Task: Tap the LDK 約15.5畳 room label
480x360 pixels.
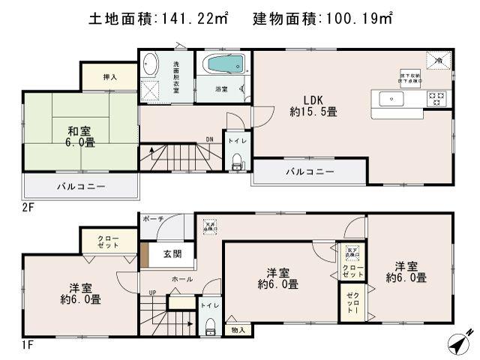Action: (x=313, y=106)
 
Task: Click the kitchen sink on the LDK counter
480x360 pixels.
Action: (x=391, y=99)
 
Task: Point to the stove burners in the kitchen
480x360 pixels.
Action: (x=436, y=97)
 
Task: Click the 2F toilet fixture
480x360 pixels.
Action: (x=238, y=157)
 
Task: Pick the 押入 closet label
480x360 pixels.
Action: (x=110, y=76)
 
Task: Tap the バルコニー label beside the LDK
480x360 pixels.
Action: (x=309, y=172)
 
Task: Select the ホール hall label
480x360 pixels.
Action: (x=181, y=279)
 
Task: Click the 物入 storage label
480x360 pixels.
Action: (x=238, y=328)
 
